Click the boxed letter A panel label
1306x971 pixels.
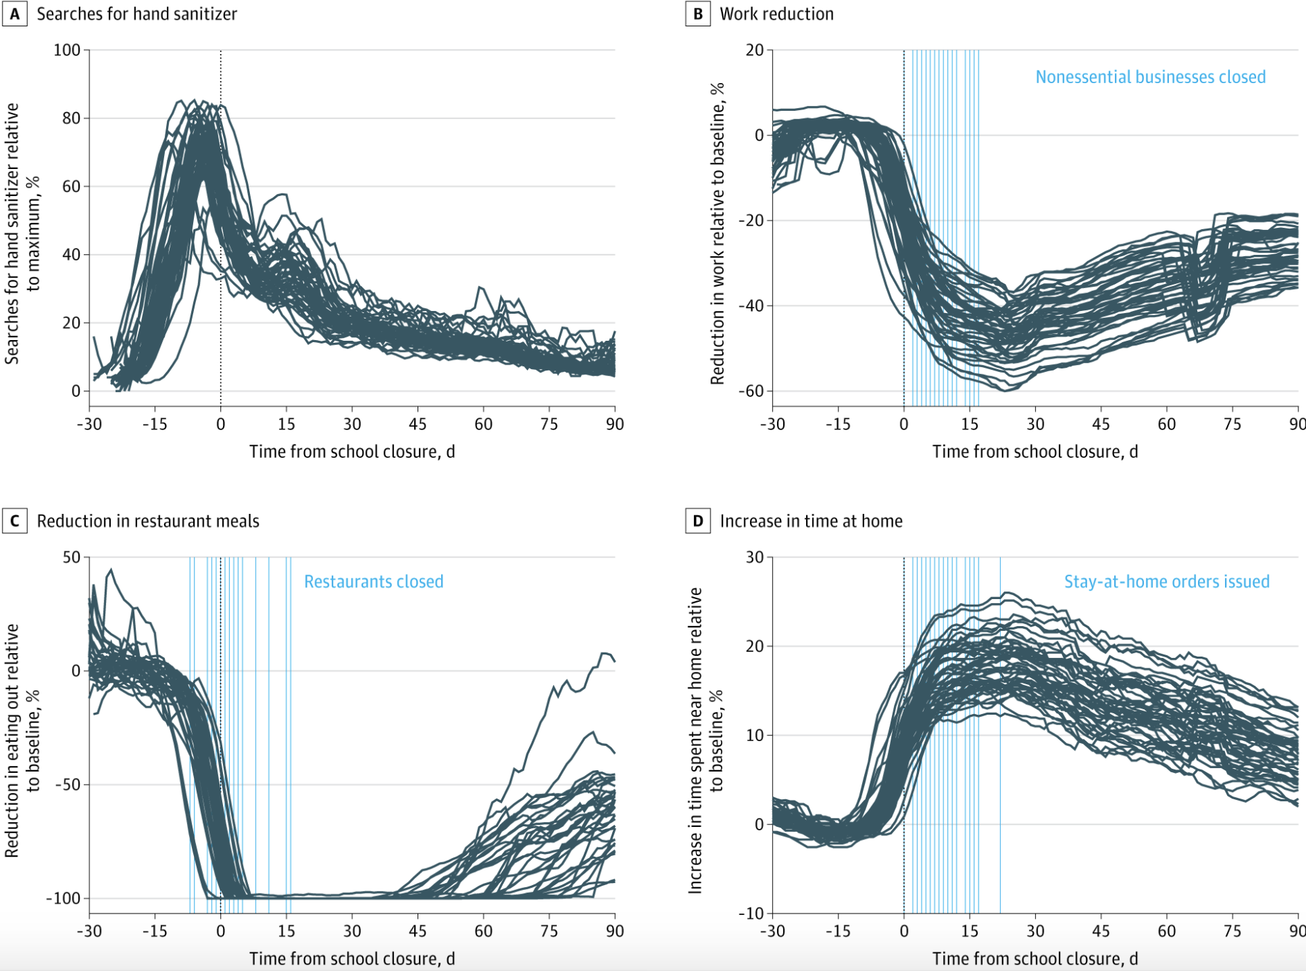coord(15,14)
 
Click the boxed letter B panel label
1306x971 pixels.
coord(698,14)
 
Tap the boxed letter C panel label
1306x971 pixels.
coord(15,521)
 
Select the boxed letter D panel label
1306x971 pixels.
coord(698,521)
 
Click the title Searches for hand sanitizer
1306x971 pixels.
coord(136,14)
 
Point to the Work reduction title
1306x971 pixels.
coord(776,14)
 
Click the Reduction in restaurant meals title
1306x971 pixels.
coord(147,521)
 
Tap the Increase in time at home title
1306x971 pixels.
coord(811,521)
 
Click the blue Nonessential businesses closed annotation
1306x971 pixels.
coord(1150,77)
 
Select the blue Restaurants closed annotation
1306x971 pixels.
coord(373,582)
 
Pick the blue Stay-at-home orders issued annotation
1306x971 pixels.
coord(1166,582)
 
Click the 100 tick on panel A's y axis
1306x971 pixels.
coord(67,50)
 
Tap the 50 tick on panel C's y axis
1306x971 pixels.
coord(71,558)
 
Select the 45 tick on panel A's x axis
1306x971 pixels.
coord(418,424)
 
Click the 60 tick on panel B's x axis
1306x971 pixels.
coord(1167,424)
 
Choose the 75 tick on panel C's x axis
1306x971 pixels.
coord(549,931)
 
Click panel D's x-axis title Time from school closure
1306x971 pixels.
coord(1035,959)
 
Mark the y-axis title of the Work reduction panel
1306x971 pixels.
coord(717,233)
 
